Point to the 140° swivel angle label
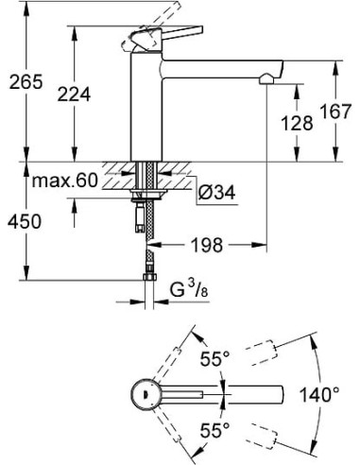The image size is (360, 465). pos(327,392)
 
